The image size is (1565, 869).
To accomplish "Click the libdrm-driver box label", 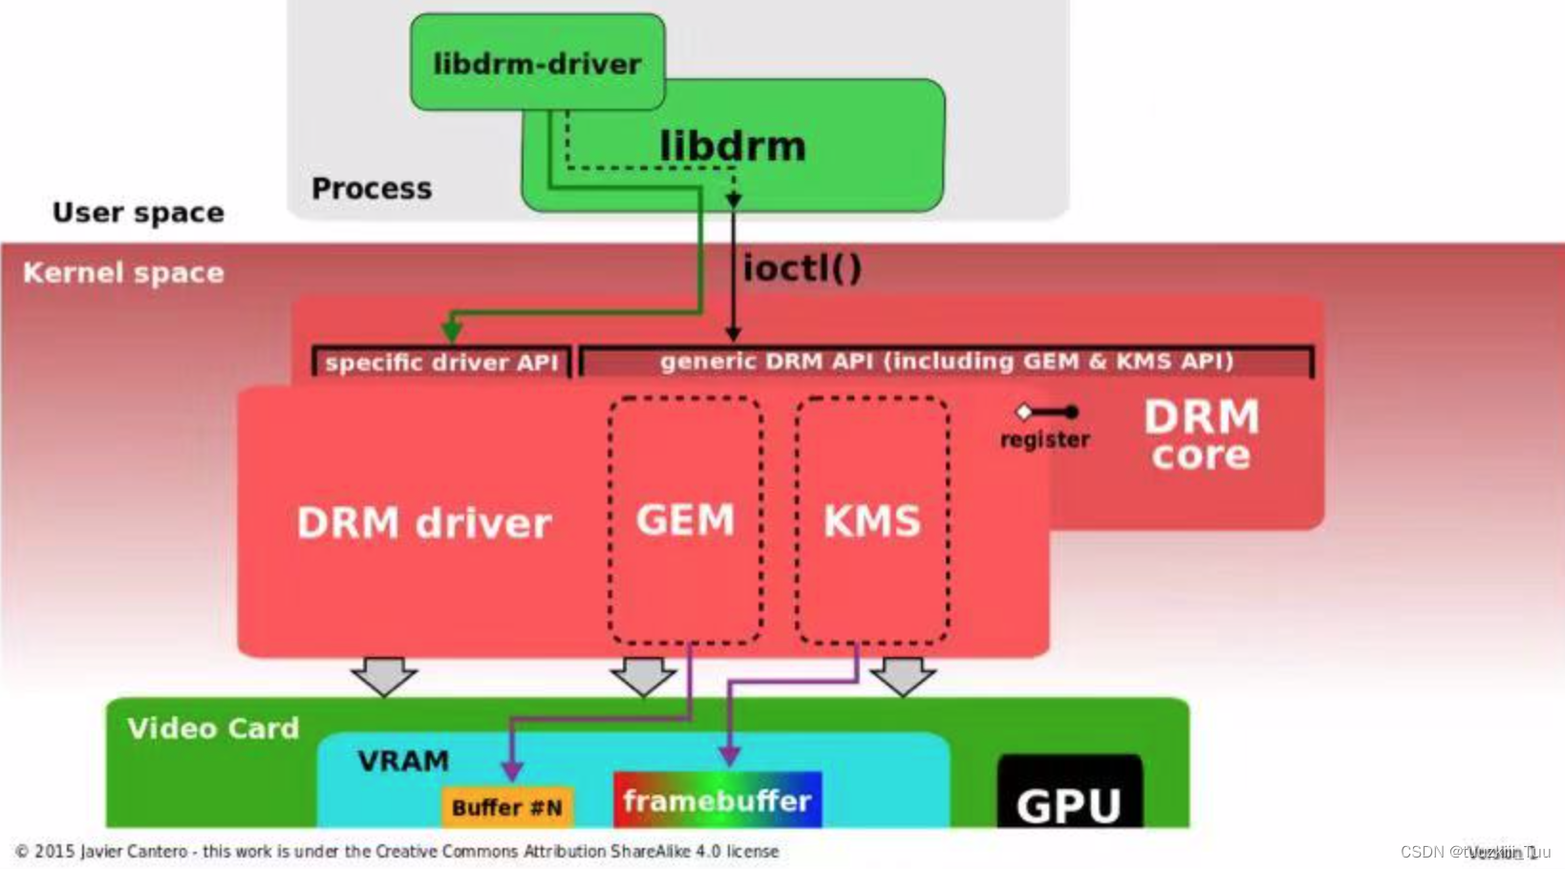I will [x=537, y=64].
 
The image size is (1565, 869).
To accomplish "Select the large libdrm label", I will [x=732, y=146].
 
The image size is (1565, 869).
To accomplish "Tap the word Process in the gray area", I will [x=372, y=188].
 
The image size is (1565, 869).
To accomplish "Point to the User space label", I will [x=139, y=212].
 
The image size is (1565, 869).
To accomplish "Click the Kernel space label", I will [x=123, y=273].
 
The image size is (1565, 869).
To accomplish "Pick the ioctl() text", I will [x=802, y=268].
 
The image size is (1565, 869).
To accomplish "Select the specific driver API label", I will [x=441, y=363].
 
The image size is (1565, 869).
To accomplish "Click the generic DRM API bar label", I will [x=946, y=362].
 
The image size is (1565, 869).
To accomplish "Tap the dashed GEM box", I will [x=685, y=520].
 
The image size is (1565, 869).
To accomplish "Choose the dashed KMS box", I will [x=872, y=520].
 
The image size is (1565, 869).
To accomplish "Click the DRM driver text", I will [x=424, y=523].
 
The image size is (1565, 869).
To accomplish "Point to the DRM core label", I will [x=1201, y=435].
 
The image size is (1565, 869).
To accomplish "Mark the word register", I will [x=1044, y=440].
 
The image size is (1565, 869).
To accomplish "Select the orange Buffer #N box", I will [x=507, y=807].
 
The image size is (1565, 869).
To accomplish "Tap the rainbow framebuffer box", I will [x=718, y=800].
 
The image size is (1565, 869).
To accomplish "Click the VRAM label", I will [x=403, y=761].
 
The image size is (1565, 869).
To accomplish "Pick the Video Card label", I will [x=213, y=729].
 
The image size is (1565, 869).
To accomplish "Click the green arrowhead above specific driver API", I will [x=452, y=330].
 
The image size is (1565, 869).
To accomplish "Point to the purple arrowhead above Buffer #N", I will [x=512, y=770].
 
